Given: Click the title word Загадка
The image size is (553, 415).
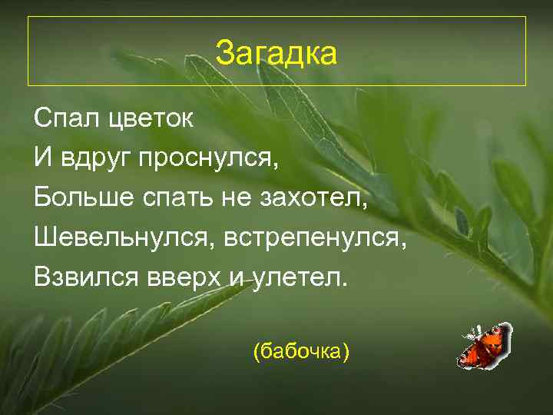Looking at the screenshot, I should click(x=276, y=54).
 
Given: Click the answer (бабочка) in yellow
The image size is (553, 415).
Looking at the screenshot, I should click(x=301, y=351).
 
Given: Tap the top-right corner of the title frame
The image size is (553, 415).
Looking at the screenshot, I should click(x=525, y=17).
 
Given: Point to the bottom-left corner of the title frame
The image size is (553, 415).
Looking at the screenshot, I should click(x=28, y=85).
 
